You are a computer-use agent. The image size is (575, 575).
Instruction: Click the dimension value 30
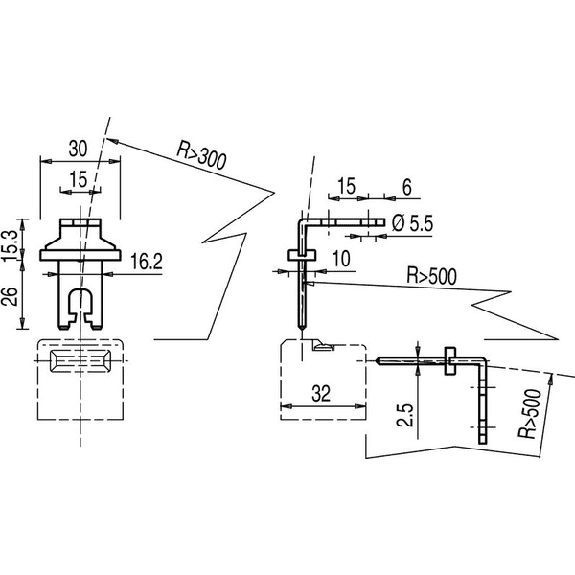[x=79, y=149]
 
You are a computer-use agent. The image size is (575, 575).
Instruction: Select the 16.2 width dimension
[x=147, y=261]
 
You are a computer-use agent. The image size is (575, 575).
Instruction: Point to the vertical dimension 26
[x=11, y=297]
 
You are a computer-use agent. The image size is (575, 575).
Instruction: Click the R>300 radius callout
[x=201, y=155]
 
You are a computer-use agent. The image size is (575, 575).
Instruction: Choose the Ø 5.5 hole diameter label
[x=412, y=222]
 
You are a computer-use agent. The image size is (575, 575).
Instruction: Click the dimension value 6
[x=407, y=187]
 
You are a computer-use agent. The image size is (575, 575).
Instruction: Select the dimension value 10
[x=341, y=259]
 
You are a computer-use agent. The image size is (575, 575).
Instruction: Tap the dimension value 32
[x=321, y=394]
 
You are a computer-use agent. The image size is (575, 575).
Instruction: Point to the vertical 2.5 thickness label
[x=404, y=416]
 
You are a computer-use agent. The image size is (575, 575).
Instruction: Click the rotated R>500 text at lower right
[x=530, y=414]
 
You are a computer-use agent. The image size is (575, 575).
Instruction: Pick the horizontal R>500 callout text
[x=432, y=276]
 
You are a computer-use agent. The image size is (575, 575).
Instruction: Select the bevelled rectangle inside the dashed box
[x=80, y=361]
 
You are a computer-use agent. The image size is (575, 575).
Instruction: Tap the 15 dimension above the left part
[x=79, y=179]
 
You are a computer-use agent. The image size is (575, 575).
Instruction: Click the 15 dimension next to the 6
[x=347, y=186]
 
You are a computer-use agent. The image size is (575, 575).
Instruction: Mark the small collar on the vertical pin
[x=302, y=255]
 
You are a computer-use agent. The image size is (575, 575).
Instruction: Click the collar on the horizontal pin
[x=450, y=361]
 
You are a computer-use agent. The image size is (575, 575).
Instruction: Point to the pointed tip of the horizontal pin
[x=377, y=361]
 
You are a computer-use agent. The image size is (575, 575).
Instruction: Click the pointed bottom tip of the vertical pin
[x=301, y=328]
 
